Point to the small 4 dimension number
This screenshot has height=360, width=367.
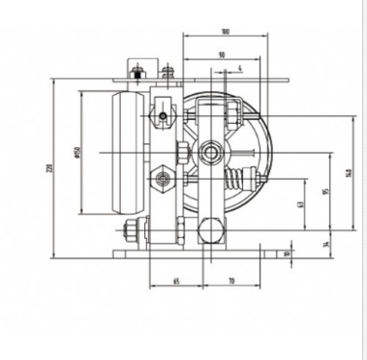[x=239, y=68]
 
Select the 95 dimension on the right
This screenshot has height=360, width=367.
[x=326, y=191]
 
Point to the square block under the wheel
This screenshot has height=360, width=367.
[x=209, y=231]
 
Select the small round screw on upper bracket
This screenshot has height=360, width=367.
[x=165, y=117]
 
